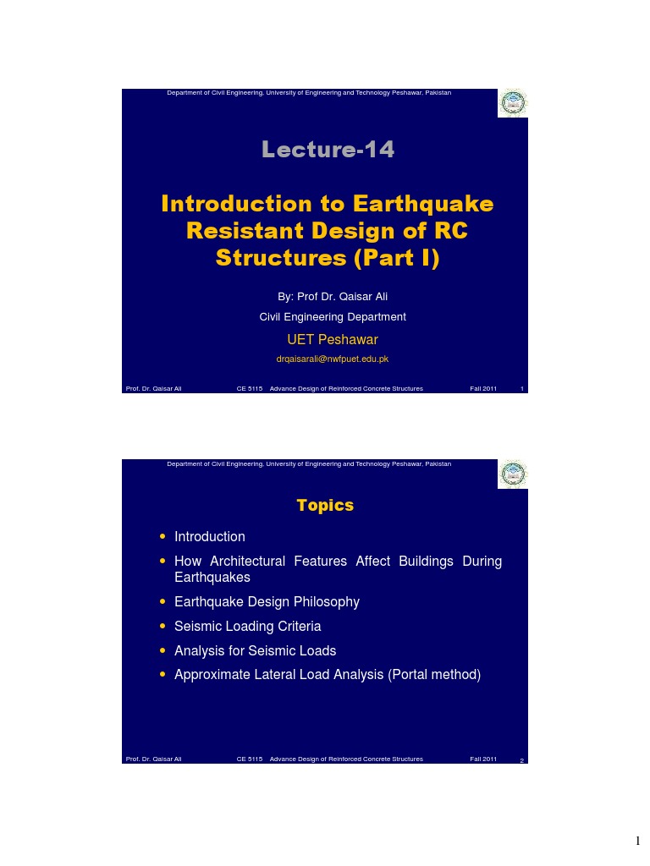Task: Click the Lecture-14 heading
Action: coord(328,150)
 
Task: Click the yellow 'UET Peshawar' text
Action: coord(333,340)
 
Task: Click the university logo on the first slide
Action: coord(512,104)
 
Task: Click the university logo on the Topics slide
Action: coord(512,474)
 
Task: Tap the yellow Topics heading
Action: coord(325,505)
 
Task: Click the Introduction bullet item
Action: coord(210,537)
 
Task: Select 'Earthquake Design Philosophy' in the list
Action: coord(267,602)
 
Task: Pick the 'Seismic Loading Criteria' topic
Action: coord(247,627)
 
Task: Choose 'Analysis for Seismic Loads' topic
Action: coord(255,651)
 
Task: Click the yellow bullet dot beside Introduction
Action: coord(162,537)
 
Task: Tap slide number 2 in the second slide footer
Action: coord(521,760)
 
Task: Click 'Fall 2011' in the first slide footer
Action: coord(483,389)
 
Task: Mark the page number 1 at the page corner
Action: coord(639,841)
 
